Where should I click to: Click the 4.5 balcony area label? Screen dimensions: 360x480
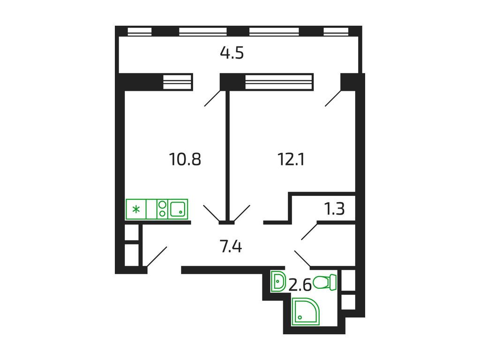pos(232,53)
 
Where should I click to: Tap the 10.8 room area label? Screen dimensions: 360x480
pos(185,160)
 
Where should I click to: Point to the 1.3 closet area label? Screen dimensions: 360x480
pos(335,209)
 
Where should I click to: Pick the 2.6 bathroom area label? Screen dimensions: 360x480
pos(300,285)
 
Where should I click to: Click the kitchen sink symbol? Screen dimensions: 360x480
pos(178,209)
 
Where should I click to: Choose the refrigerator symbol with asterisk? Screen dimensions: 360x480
pos(136,209)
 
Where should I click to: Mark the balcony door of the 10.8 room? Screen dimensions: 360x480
pos(212,99)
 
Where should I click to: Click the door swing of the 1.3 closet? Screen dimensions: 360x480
pos(309,232)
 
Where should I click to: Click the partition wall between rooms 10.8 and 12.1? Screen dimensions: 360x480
pos(227,155)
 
